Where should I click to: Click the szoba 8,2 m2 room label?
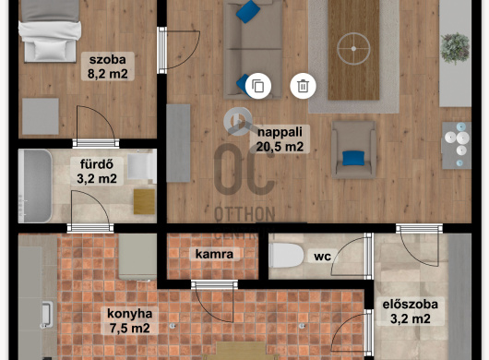point(108,66)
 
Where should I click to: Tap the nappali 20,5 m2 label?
point(280,139)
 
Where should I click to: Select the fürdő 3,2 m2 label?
point(97,172)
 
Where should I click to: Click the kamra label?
point(215,254)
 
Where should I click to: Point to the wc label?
point(323,256)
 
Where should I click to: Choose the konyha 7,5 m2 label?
point(129,320)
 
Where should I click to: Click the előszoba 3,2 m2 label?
point(410,311)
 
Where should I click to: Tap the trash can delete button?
point(303,86)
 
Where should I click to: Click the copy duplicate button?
point(258,86)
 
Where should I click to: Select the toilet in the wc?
point(286,256)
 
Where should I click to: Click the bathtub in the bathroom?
point(35,186)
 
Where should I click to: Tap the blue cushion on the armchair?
point(353,158)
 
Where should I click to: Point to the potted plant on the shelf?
point(455,48)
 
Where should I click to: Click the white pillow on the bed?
point(50,50)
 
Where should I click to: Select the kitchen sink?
point(46,314)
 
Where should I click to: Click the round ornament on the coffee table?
point(353,49)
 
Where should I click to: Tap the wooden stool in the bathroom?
point(144,201)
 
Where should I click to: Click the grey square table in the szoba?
point(41,116)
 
